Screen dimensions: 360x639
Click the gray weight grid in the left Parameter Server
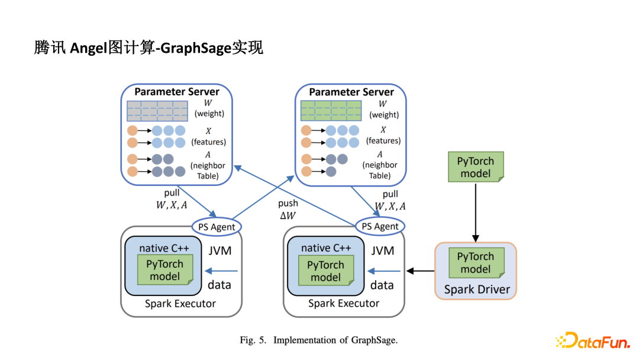157,111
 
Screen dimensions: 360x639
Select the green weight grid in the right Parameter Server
331,111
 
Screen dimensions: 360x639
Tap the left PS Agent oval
217,226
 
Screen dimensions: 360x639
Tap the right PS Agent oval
380,226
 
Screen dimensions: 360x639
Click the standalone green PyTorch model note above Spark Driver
476,167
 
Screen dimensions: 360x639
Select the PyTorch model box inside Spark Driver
476,263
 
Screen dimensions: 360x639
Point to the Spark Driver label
477,290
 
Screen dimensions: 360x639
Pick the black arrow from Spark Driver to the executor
420,271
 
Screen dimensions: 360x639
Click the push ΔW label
288,210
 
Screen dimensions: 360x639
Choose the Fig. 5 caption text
318,340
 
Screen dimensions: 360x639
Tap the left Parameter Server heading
176,92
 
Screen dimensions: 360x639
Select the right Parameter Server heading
351,92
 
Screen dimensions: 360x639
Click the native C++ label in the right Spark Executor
326,248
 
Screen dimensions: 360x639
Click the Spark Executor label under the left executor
180,304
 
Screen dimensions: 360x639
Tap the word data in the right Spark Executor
382,285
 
